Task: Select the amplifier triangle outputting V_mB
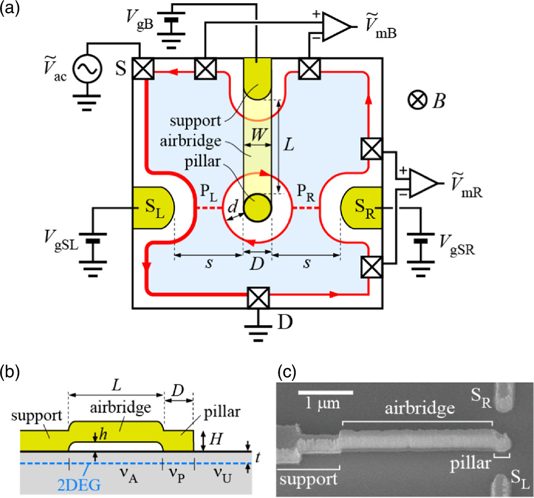coord(334,26)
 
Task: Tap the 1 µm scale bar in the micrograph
coord(325,392)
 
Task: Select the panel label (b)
coord(11,374)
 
